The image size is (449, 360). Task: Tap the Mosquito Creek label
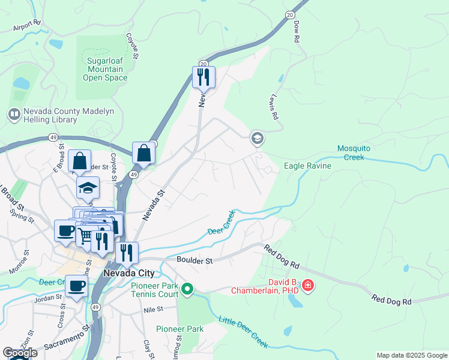pyautogui.click(x=351, y=153)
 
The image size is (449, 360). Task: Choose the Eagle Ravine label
pyautogui.click(x=307, y=166)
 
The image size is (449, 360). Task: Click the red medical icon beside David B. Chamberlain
pyautogui.click(x=308, y=285)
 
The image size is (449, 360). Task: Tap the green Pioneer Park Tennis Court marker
pyautogui.click(x=187, y=290)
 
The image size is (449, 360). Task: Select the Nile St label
pyautogui.click(x=153, y=310)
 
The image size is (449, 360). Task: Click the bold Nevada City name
pyautogui.click(x=128, y=273)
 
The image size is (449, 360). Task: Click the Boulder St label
pyautogui.click(x=195, y=260)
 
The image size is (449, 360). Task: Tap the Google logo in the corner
pyautogui.click(x=20, y=353)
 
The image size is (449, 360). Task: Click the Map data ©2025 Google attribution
pyautogui.click(x=412, y=355)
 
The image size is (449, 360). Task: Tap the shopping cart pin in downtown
pyautogui.click(x=86, y=236)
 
